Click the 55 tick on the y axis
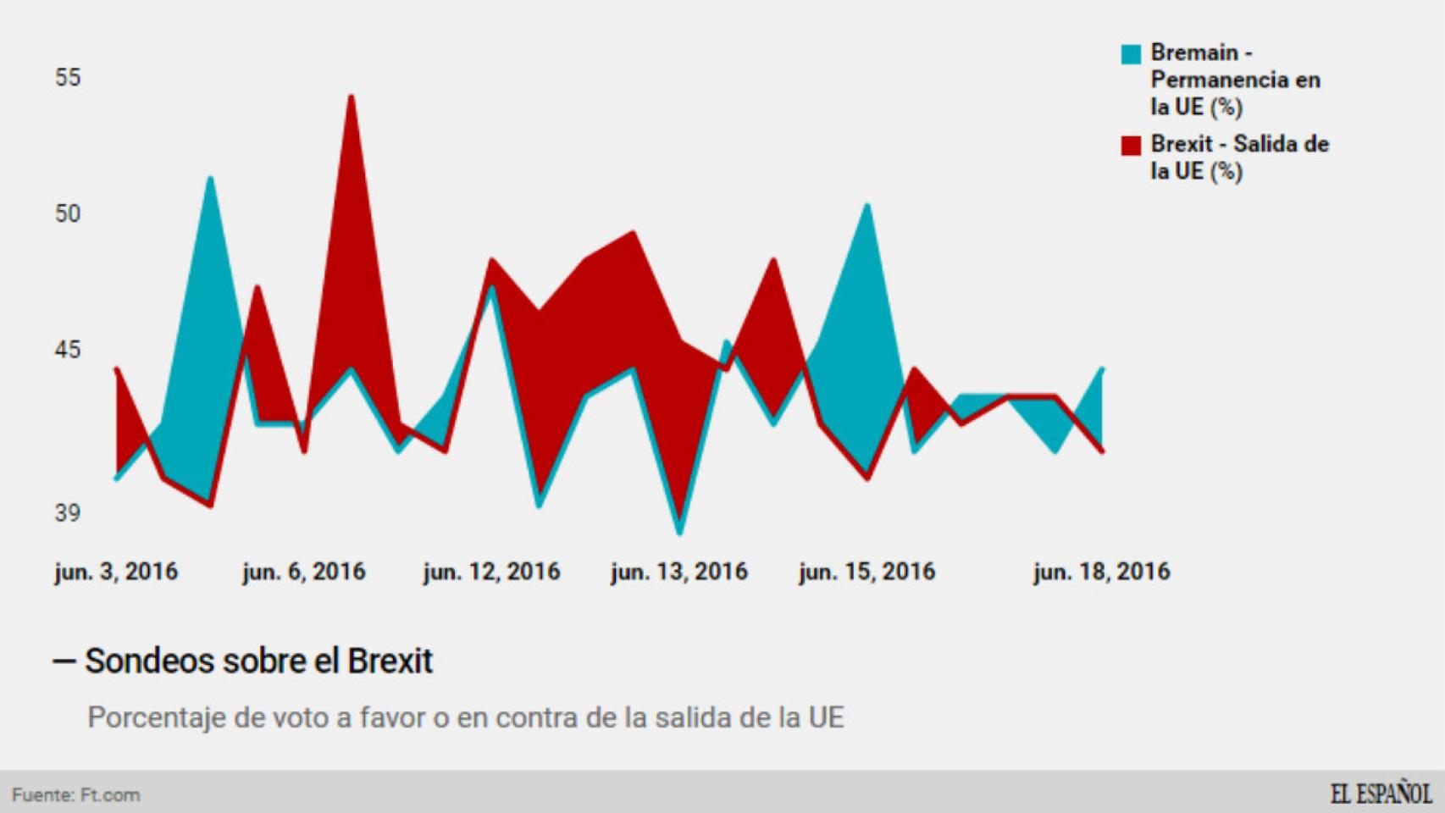click(68, 78)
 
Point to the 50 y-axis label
click(68, 213)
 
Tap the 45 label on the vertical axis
click(68, 350)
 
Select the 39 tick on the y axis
click(68, 513)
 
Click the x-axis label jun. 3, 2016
click(116, 572)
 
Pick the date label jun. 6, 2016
click(304, 572)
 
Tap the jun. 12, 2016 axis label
click(491, 572)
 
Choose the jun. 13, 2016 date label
click(679, 572)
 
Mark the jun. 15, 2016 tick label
click(866, 572)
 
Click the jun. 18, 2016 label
click(1101, 572)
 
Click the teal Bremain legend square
click(1131, 54)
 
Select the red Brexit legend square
click(1131, 146)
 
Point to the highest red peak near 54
click(351, 97)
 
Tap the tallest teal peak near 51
click(210, 179)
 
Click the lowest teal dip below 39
click(679, 532)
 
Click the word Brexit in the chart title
click(390, 661)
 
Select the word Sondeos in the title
click(149, 661)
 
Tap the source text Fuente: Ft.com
click(76, 795)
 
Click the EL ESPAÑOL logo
click(1380, 794)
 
